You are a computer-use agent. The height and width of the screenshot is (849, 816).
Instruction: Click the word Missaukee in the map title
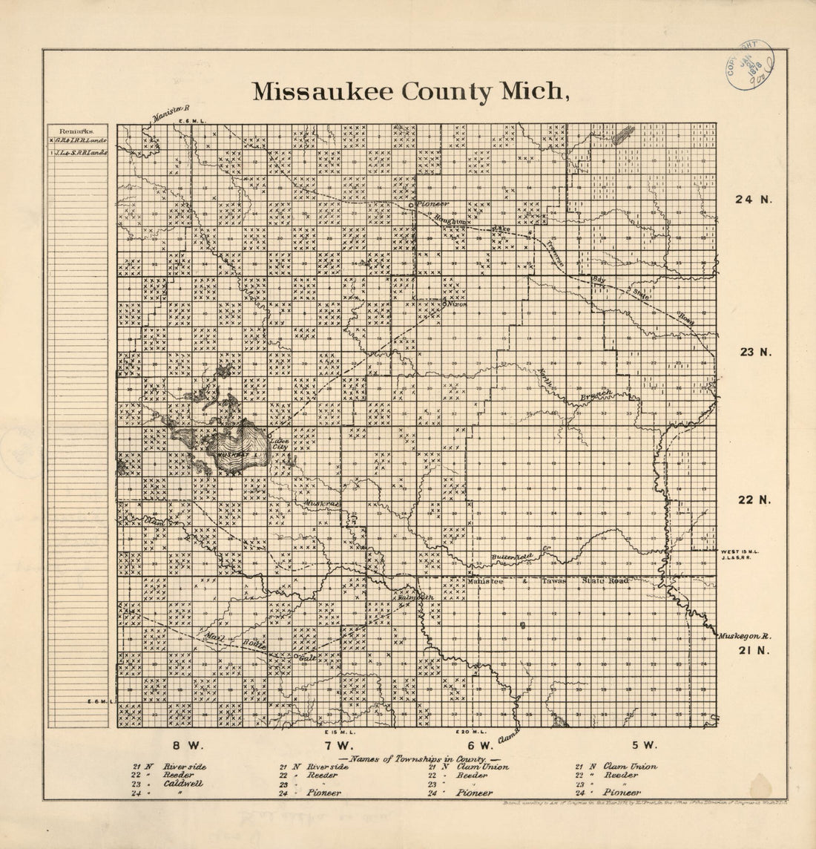[x=323, y=91]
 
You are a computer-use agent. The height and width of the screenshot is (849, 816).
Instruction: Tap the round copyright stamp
[x=750, y=65]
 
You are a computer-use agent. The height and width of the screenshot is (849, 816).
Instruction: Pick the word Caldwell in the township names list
[x=183, y=783]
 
